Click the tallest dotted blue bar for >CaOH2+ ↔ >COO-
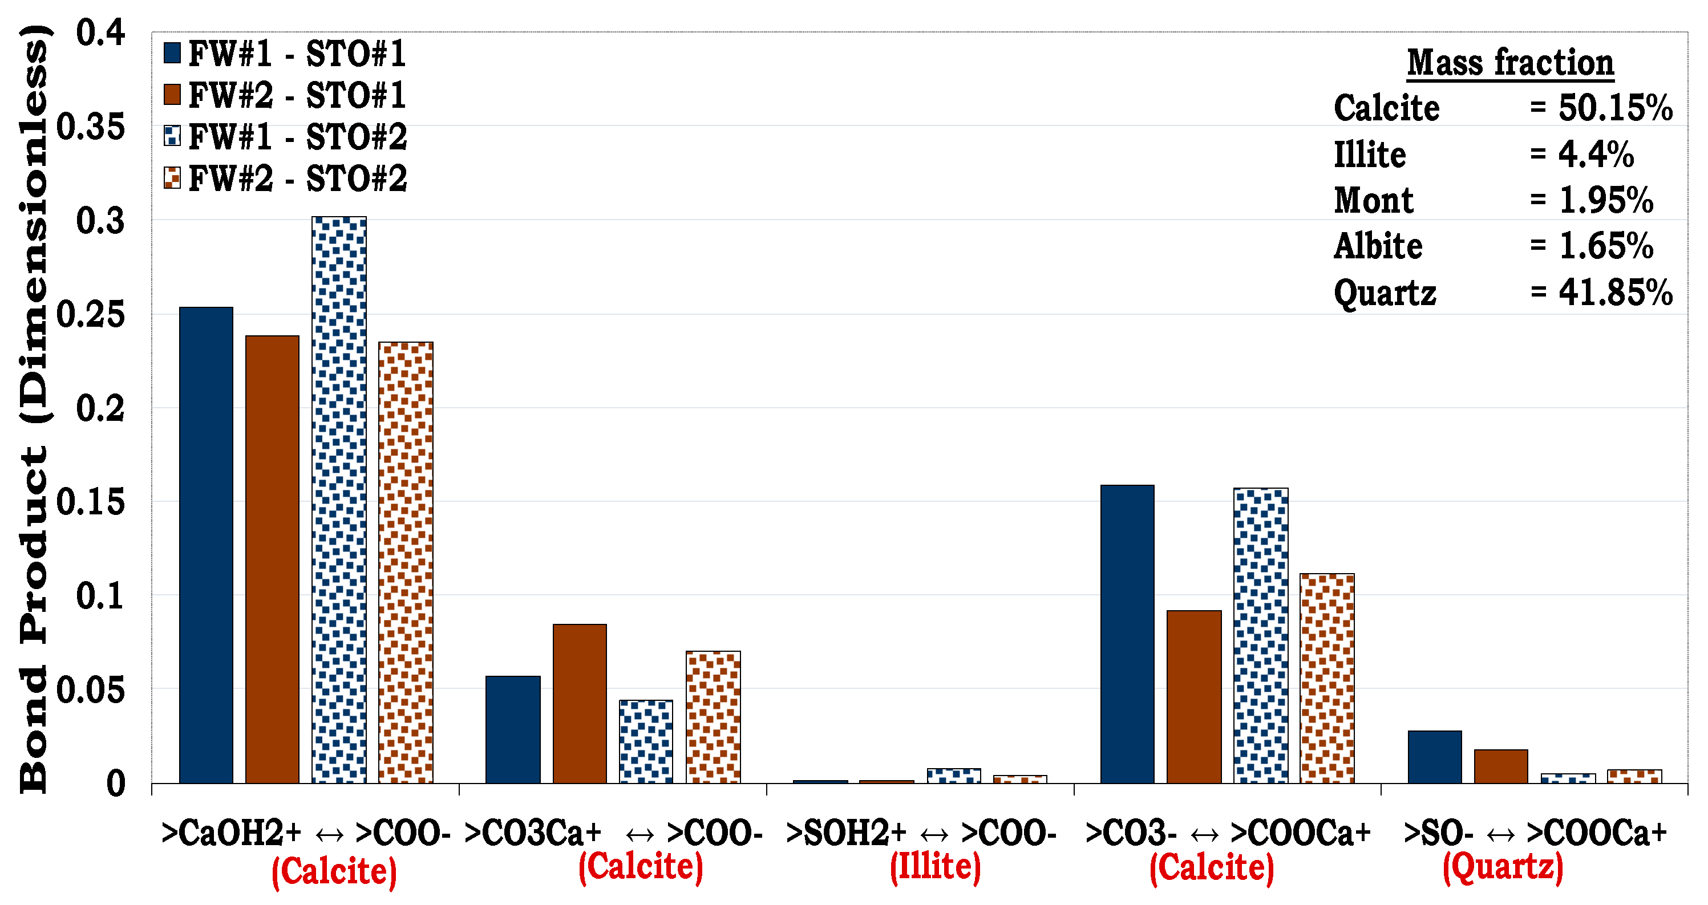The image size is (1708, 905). (339, 500)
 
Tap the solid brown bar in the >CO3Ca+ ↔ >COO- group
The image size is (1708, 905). (580, 704)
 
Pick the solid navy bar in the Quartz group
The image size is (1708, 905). (1434, 757)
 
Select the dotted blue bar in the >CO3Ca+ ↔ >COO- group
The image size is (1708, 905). (646, 741)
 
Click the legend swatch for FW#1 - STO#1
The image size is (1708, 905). (172, 54)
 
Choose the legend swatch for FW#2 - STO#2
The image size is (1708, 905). (172, 178)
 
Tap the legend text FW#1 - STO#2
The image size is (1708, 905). (298, 137)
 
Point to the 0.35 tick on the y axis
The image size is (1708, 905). (91, 126)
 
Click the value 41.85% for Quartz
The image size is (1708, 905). (1615, 293)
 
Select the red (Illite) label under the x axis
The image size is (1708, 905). (935, 867)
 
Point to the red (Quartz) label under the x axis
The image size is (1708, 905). (1503, 867)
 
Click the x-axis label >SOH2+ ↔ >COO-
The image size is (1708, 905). (921, 833)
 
